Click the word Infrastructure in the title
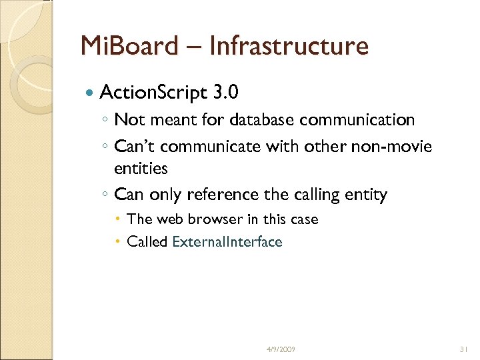coord(288,46)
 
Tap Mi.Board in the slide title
coord(129,46)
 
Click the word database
coord(263,120)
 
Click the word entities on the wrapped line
coord(141,169)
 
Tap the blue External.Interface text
coord(227,242)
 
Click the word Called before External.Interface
coord(147,242)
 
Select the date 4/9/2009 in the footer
coord(280,349)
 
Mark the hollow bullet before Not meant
coord(105,121)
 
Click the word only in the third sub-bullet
coord(165,195)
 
